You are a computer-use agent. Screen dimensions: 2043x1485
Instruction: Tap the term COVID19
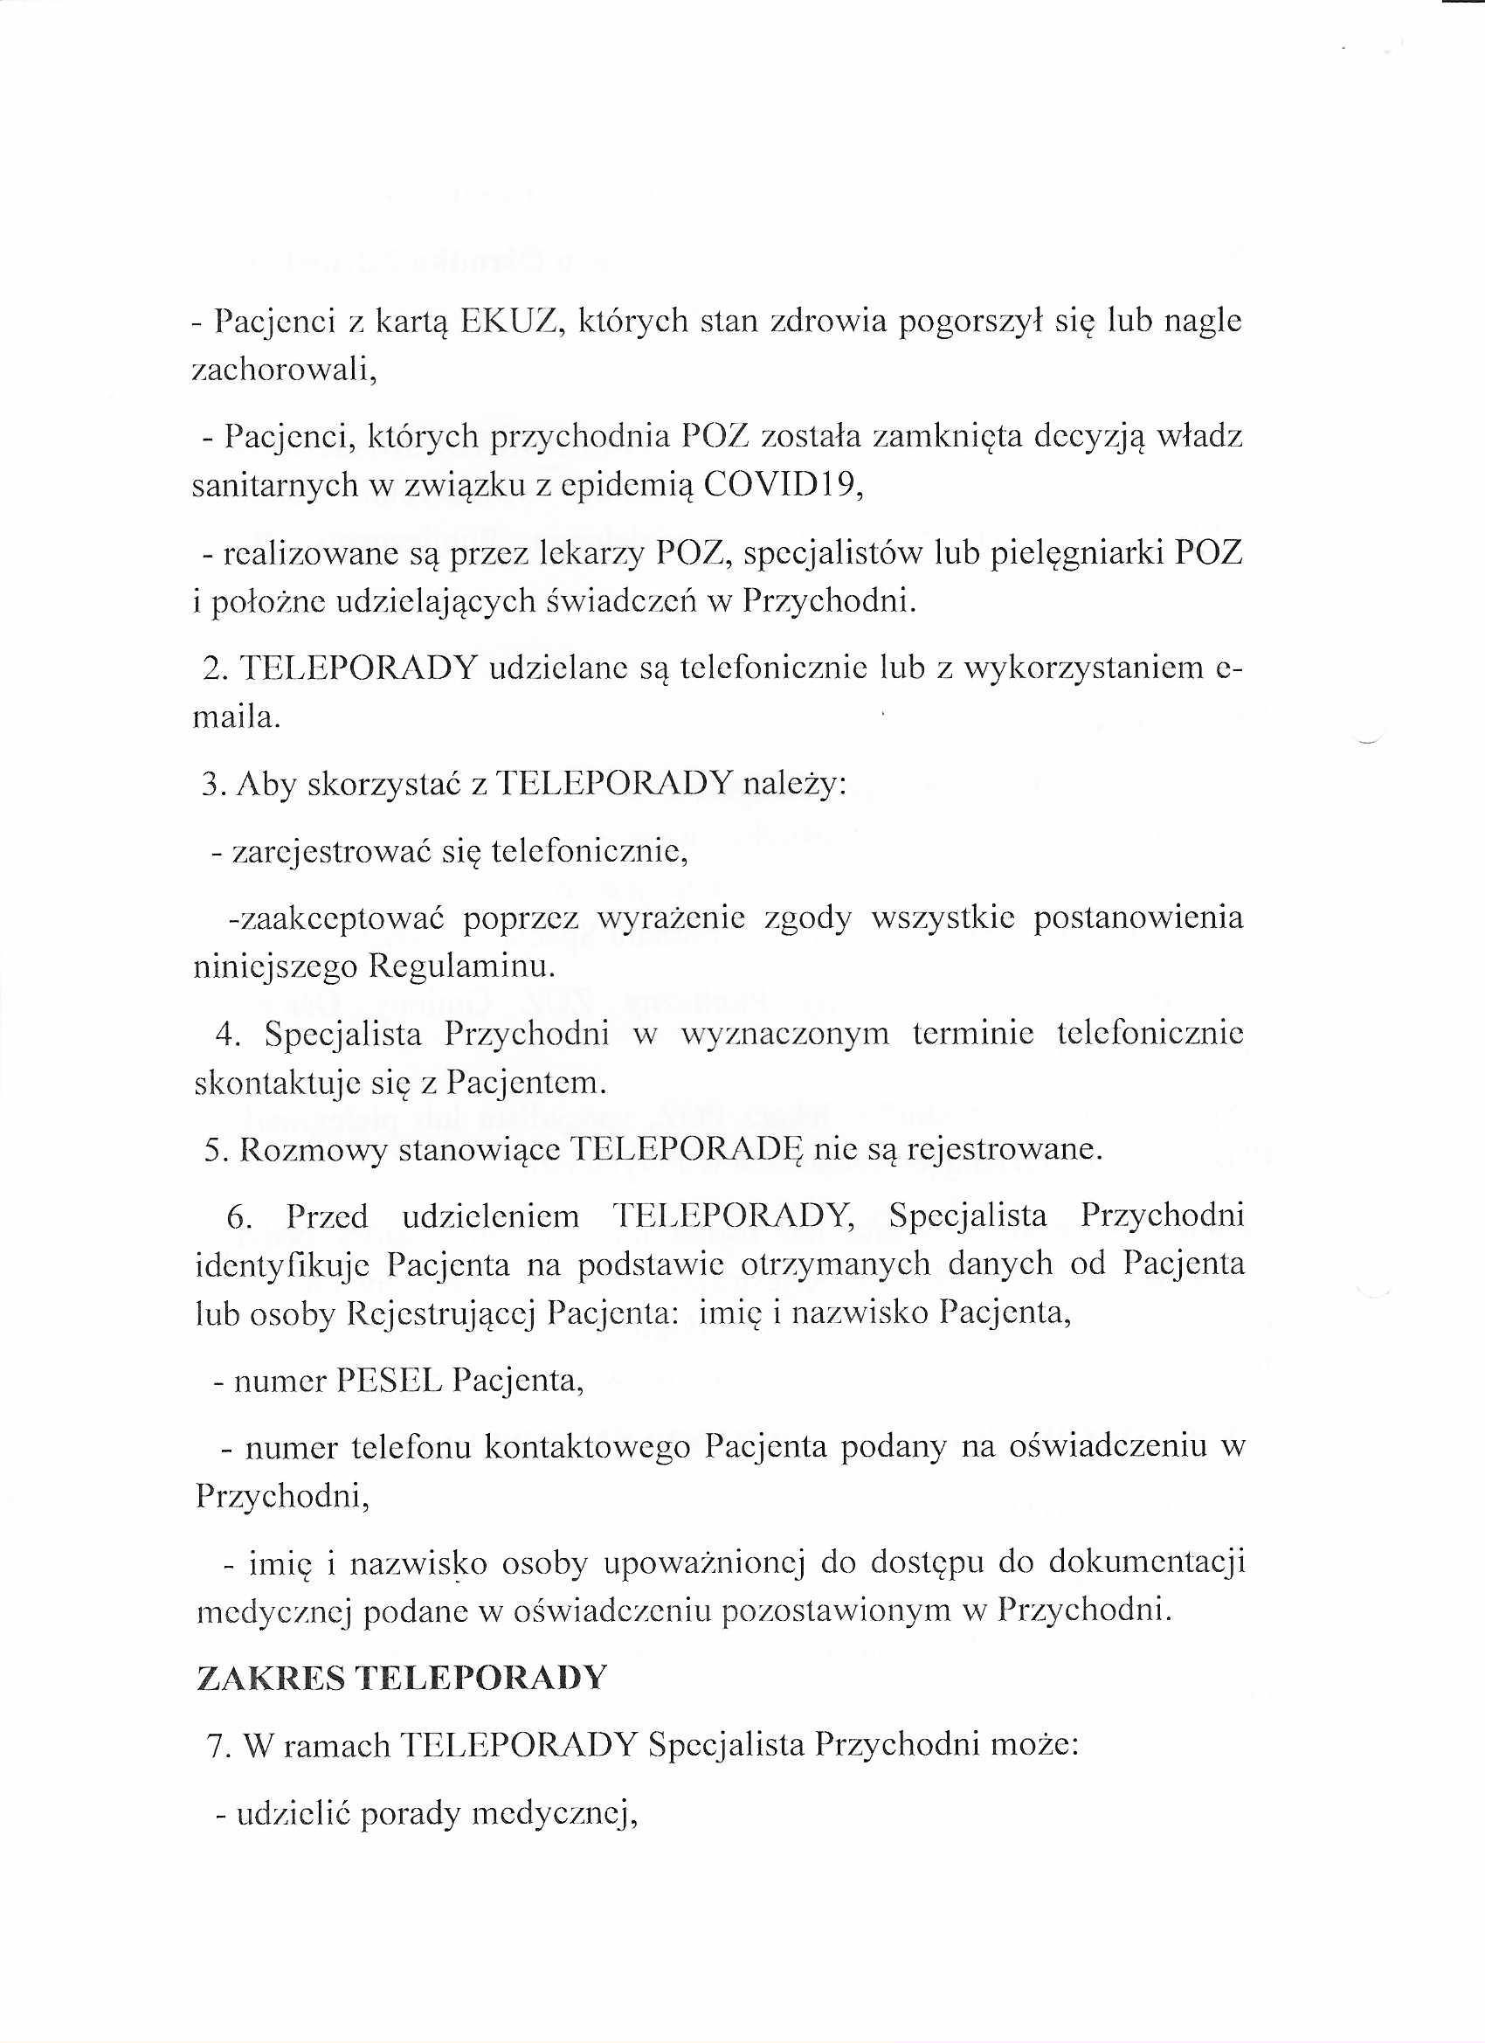(782, 487)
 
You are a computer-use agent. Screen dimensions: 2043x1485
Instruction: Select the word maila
(237, 718)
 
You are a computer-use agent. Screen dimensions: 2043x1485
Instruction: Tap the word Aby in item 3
(262, 785)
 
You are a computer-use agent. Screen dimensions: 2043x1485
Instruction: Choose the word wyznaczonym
(784, 1033)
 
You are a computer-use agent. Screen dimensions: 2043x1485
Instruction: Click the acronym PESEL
(389, 1381)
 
